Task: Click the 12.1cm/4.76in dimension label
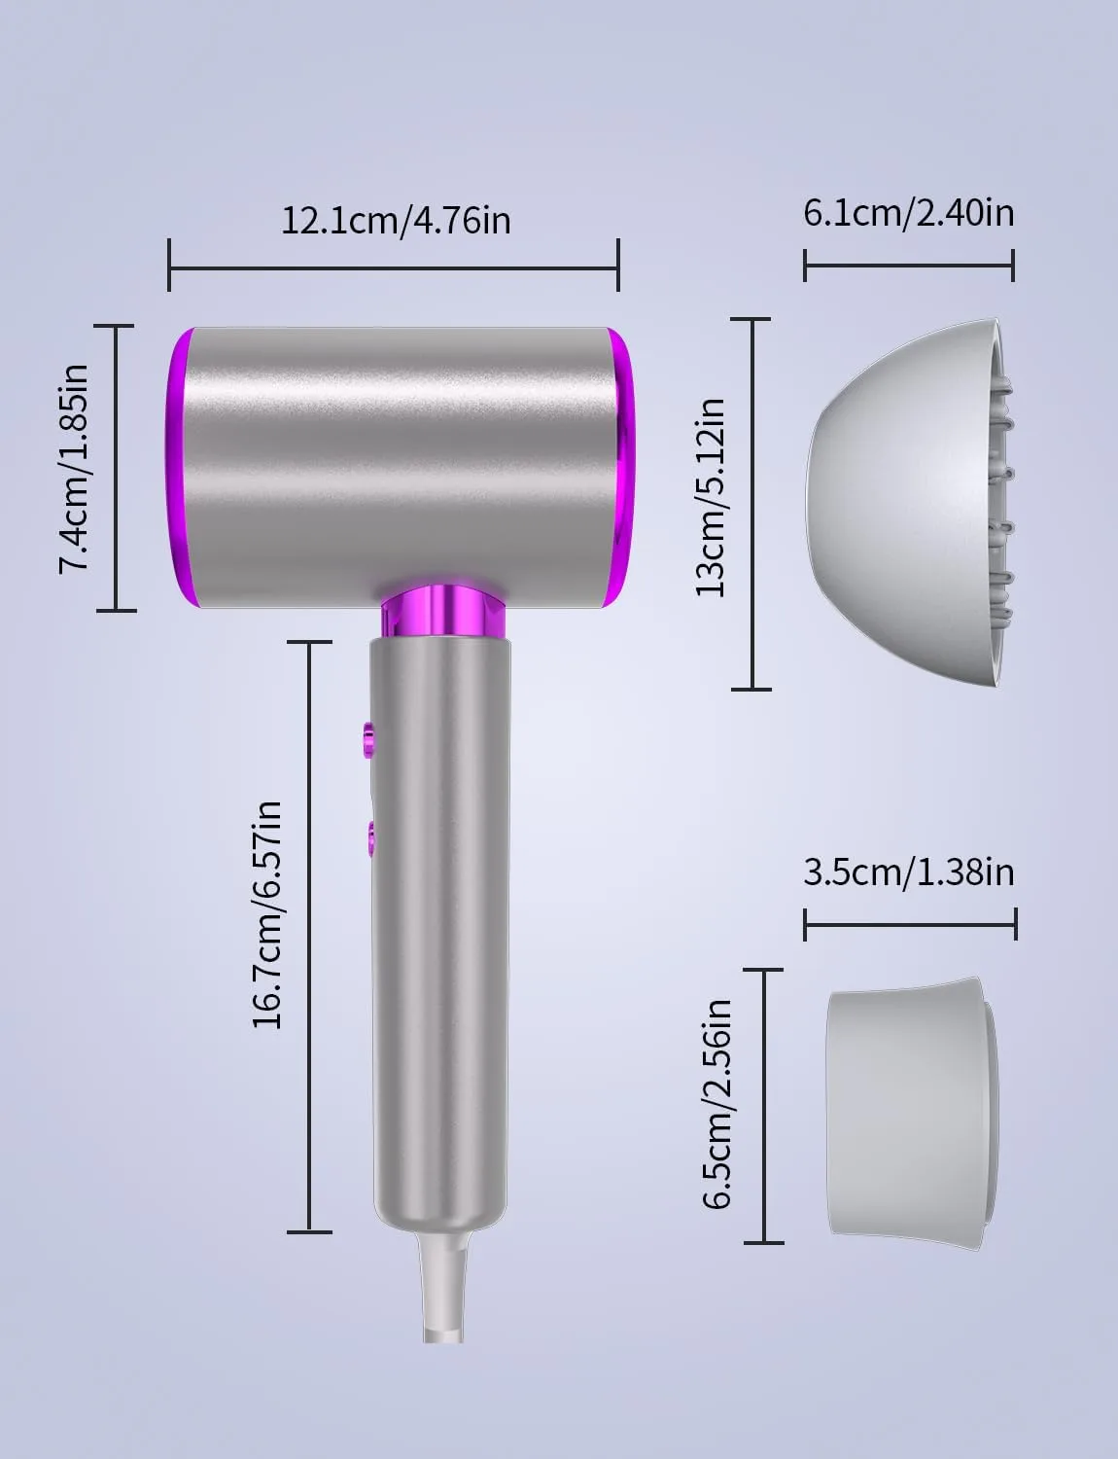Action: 396,221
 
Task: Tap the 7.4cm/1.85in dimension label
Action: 74,469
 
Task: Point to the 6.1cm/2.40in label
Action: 909,213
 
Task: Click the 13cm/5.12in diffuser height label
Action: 710,497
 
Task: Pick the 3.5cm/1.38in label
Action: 909,872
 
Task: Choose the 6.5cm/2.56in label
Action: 716,1104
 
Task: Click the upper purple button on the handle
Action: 368,738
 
